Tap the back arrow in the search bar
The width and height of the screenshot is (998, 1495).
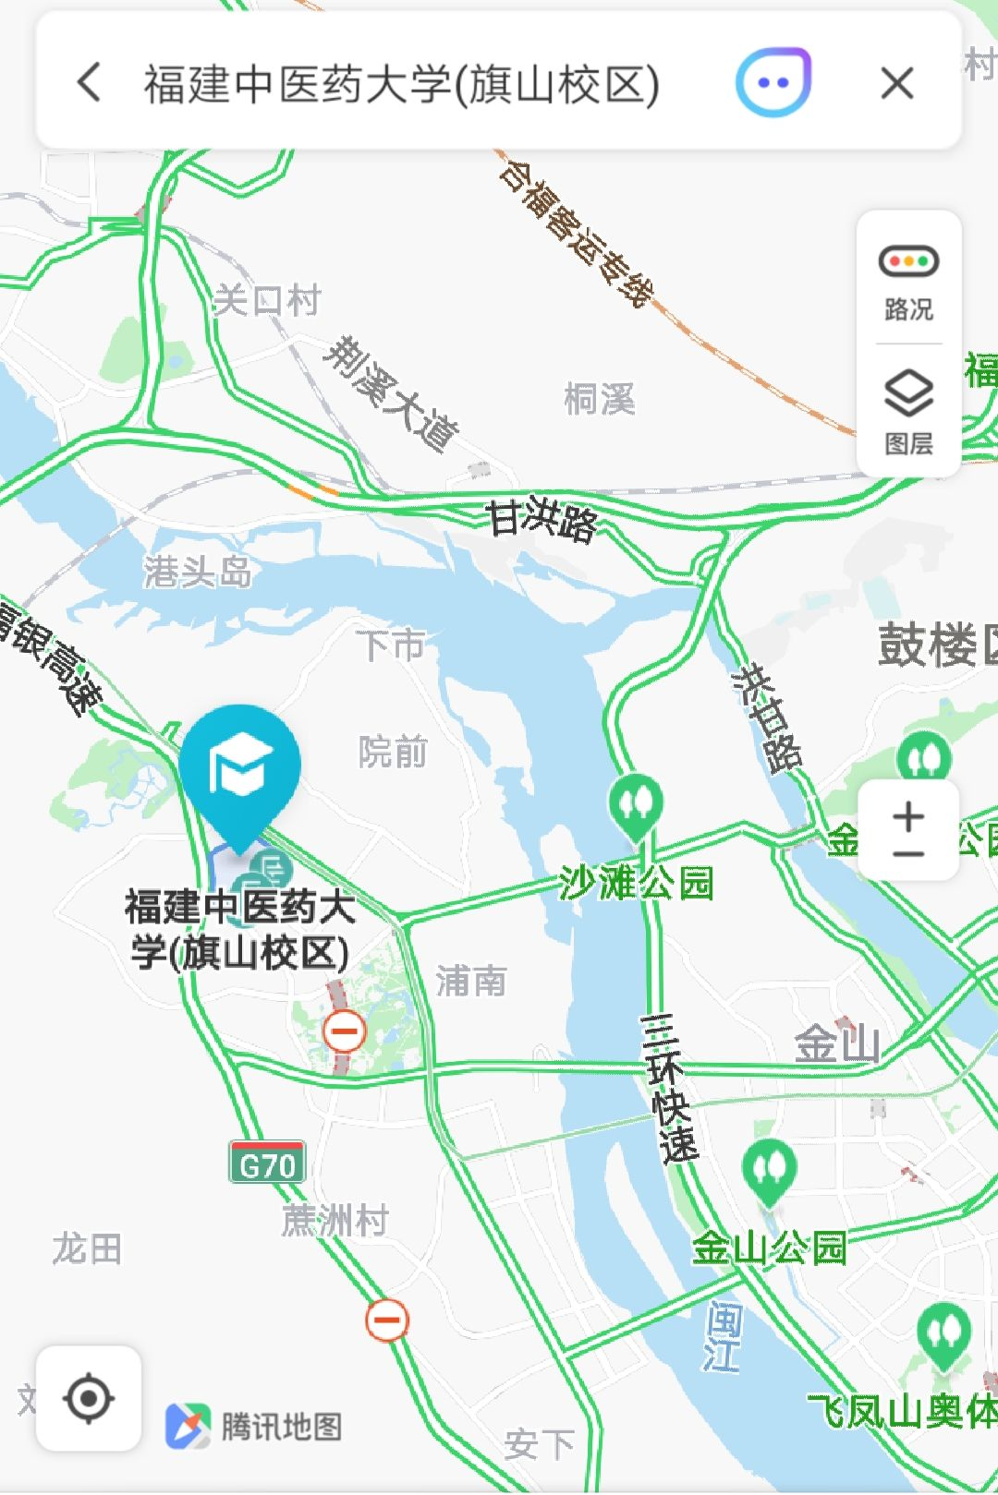90,83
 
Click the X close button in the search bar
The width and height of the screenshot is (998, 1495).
896,84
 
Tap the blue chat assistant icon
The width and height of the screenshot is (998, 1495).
773,83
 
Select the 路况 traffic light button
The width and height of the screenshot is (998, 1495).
908,280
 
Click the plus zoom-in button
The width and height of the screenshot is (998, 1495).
908,815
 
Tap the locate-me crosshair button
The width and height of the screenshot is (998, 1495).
89,1398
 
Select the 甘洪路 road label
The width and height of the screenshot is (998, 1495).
542,520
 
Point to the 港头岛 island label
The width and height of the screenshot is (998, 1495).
198,573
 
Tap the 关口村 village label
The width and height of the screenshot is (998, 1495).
267,300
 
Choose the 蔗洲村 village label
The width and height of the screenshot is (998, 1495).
335,1221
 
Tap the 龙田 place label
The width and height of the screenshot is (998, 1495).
87,1248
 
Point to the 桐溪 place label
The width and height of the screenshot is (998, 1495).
600,400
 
